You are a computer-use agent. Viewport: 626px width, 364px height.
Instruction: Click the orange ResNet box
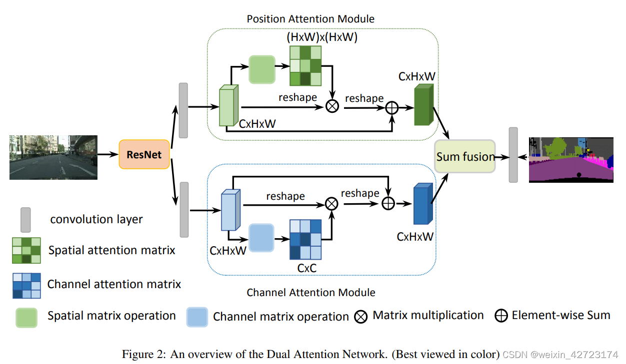(x=144, y=154)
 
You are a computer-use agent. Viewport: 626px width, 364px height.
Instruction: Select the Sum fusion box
(x=465, y=157)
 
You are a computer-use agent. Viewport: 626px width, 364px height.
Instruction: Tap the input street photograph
(x=53, y=157)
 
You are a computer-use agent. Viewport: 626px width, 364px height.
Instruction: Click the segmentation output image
(x=570, y=159)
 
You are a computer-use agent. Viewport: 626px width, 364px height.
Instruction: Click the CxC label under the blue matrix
(x=306, y=268)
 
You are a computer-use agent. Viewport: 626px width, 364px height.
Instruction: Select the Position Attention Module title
(x=310, y=19)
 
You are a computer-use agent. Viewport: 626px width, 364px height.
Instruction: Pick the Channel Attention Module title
(x=311, y=292)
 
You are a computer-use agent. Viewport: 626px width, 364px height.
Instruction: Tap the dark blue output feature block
(x=421, y=205)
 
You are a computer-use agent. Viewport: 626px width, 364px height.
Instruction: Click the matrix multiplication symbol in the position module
(x=332, y=106)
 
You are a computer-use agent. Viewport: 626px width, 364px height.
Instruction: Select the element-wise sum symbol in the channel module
(x=388, y=203)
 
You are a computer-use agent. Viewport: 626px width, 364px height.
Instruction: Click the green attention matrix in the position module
(x=305, y=66)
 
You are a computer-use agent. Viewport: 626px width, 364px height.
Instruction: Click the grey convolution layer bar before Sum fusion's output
(x=513, y=154)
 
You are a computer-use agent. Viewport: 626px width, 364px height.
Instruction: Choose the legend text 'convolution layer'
(x=96, y=219)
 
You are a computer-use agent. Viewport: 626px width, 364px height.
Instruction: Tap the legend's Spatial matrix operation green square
(x=26, y=317)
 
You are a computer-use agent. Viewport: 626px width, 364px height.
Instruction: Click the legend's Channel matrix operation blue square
(x=197, y=317)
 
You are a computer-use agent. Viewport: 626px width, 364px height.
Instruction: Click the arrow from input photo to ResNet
(x=107, y=154)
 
